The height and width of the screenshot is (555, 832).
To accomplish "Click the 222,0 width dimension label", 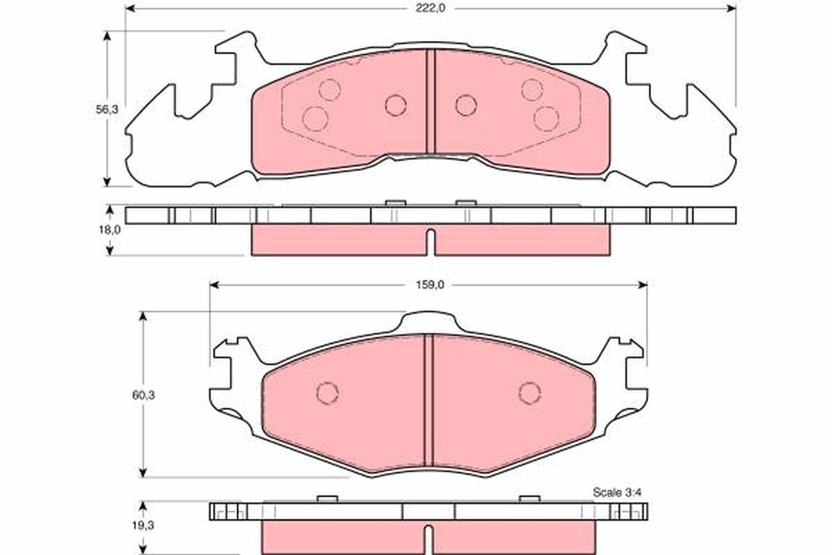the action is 430,8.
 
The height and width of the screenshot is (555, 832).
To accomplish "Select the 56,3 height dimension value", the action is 107,110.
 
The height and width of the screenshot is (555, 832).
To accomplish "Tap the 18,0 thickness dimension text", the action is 110,230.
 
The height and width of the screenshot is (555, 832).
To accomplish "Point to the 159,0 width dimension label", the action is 430,284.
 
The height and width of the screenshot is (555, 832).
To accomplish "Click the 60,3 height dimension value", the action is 144,395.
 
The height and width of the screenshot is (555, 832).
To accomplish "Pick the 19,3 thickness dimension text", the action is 144,525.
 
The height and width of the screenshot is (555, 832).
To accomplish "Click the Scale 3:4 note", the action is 617,492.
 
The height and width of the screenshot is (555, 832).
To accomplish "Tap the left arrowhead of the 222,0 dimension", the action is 130,8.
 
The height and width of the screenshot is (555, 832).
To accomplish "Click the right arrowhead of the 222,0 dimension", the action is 731,8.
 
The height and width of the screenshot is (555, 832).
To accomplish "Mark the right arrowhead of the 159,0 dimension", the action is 643,285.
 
